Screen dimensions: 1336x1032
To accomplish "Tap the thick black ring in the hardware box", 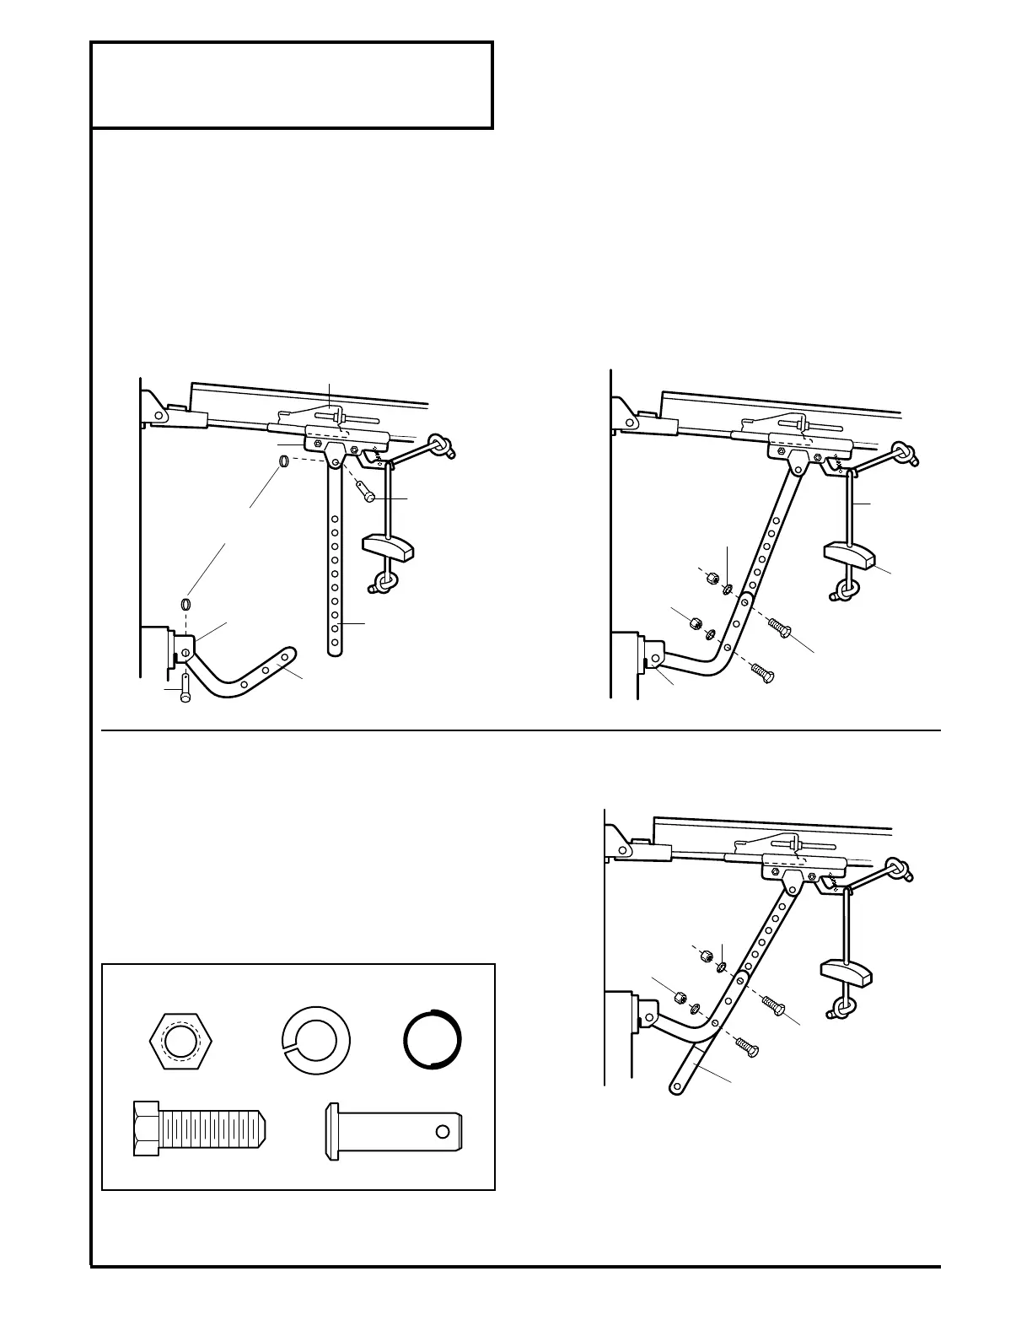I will pos(433,1038).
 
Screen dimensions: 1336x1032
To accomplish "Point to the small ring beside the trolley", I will pos(285,461).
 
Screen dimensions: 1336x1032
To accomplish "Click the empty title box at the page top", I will pos(292,85).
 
